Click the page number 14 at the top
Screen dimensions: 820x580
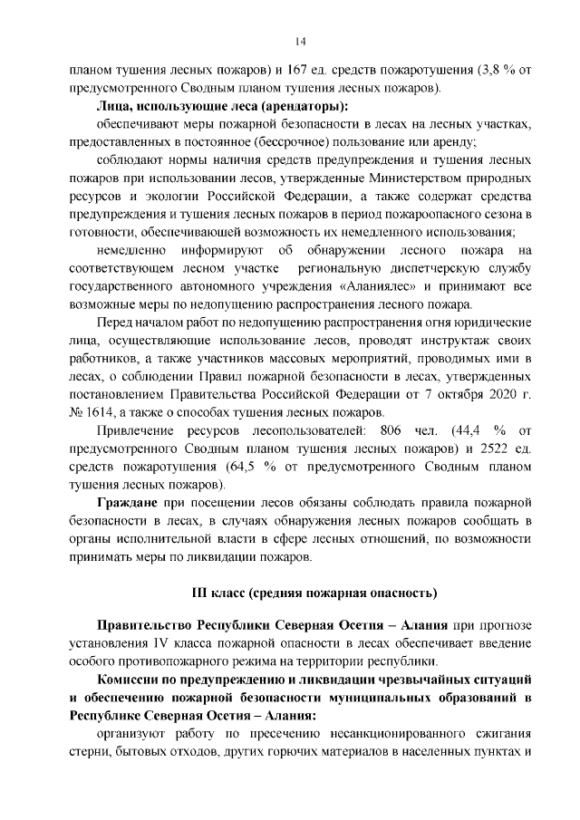(x=300, y=41)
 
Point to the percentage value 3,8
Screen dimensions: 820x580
(x=466, y=70)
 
